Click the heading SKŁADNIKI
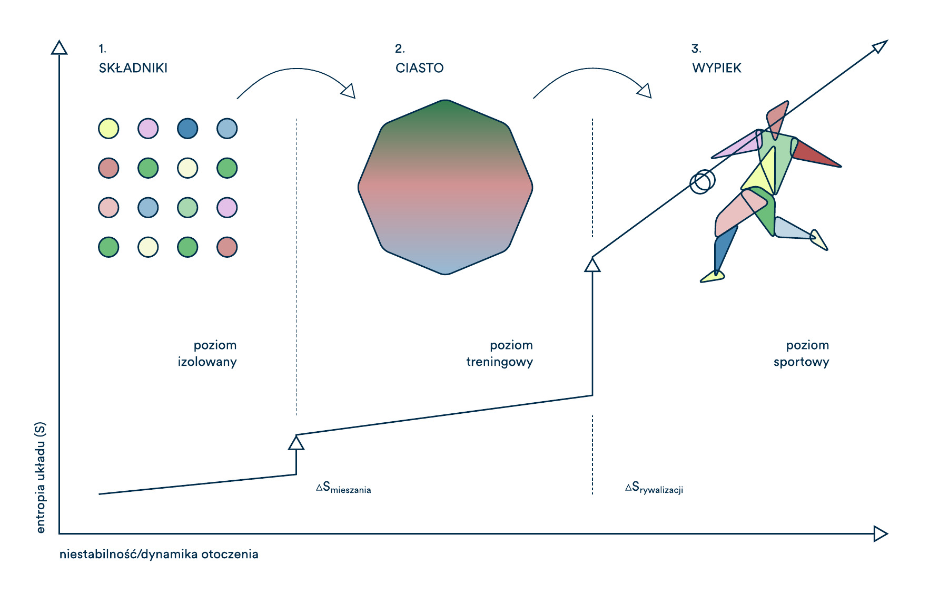point(133,68)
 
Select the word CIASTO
point(420,68)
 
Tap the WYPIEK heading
point(717,68)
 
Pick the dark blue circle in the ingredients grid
point(187,129)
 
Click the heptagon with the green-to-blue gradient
point(446,187)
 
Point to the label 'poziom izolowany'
point(207,354)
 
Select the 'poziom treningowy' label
point(500,354)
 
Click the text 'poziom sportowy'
point(802,354)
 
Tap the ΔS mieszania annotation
point(343,488)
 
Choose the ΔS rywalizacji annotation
point(654,488)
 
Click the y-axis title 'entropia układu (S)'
point(41,478)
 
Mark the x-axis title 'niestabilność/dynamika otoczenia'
point(159,555)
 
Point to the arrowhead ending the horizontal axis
point(881,533)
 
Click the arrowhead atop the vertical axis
point(59,47)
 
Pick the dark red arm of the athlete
point(815,154)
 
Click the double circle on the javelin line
point(703,181)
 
